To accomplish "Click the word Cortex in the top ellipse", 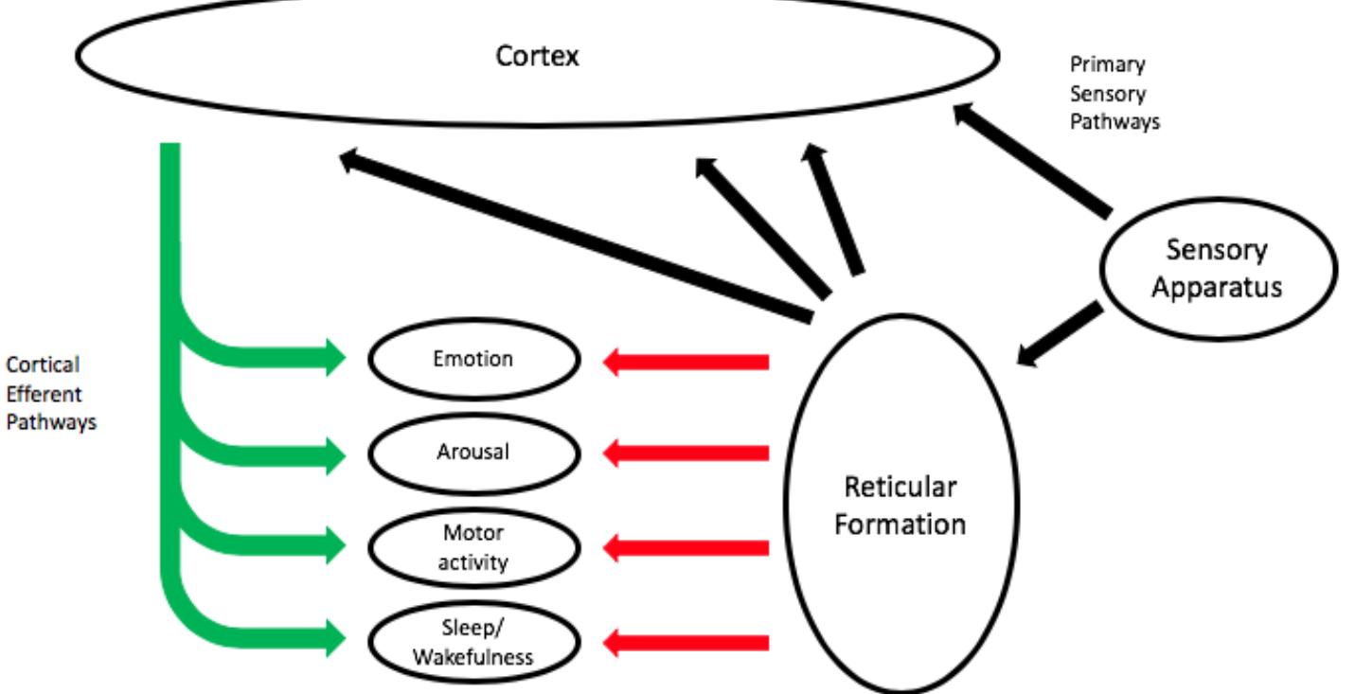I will click(537, 56).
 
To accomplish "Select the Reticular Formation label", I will click(900, 507).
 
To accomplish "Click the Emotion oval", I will click(472, 360).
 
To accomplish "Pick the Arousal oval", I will click(472, 452).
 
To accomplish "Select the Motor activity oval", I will click(472, 547).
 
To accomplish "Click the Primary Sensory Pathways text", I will click(1114, 94).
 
